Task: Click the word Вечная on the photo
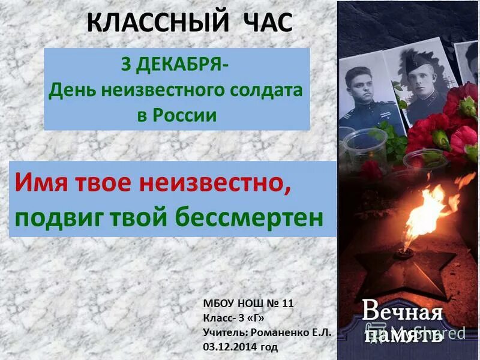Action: point(402,313)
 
